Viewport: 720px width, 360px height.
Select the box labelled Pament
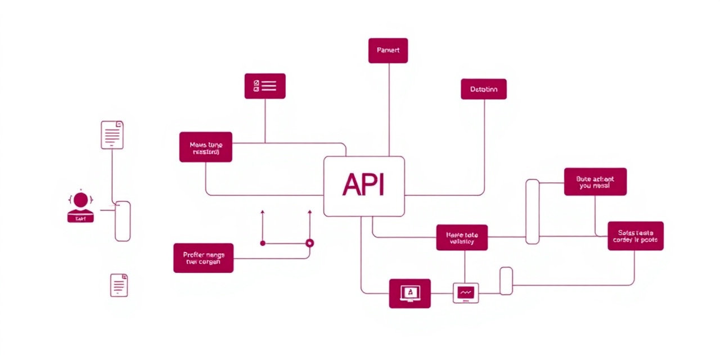(388, 51)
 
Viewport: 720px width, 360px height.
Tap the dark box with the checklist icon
(265, 86)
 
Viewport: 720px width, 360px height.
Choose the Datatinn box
(484, 89)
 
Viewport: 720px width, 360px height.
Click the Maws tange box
(206, 147)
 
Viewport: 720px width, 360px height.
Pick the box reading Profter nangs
(203, 258)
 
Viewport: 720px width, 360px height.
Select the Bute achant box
(595, 182)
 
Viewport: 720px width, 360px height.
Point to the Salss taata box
(636, 236)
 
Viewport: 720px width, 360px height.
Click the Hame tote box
(462, 237)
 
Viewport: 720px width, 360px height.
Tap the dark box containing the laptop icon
(409, 293)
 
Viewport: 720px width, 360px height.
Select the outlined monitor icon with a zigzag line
(466, 292)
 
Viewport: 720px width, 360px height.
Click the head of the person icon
(81, 200)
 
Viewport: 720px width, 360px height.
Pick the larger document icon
(112, 135)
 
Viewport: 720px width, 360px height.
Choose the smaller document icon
(119, 285)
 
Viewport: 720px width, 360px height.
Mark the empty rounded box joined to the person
(123, 221)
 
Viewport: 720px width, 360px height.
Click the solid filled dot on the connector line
(263, 243)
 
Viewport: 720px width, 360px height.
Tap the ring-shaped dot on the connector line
(309, 243)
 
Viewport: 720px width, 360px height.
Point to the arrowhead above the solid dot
(263, 213)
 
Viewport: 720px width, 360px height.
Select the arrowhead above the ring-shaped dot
(309, 213)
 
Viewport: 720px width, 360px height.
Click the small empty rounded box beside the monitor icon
(506, 281)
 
